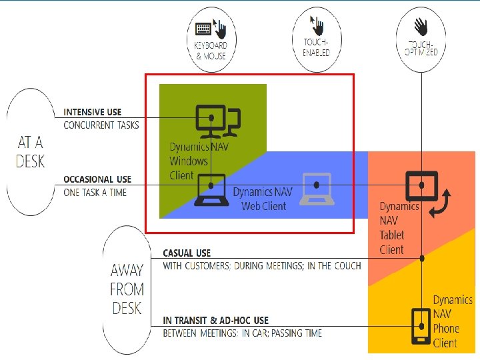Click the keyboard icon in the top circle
[x=203, y=29]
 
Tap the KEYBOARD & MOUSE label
[x=211, y=51]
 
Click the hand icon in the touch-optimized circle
[x=421, y=27]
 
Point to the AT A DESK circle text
[x=31, y=151]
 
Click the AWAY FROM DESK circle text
[x=127, y=289]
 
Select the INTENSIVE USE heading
[x=92, y=112]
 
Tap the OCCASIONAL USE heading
[x=97, y=179]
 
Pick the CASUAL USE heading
[x=187, y=253]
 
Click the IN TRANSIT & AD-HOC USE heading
[x=215, y=321]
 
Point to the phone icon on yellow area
[x=421, y=325]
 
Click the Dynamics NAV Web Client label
[x=263, y=199]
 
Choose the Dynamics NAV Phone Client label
[x=452, y=321]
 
